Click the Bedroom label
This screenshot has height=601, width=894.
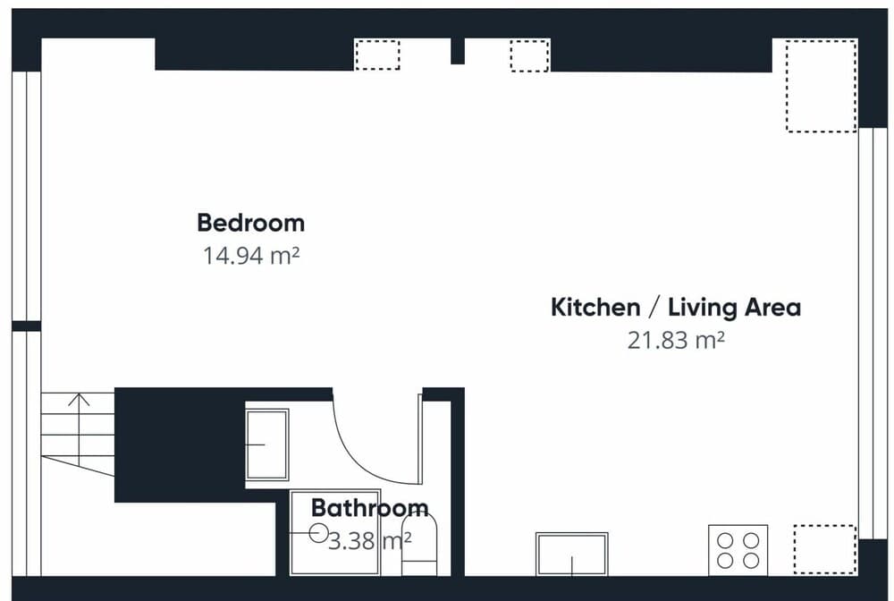tap(251, 223)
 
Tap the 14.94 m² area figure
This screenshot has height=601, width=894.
tap(251, 256)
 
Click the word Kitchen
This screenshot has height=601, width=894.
tap(595, 308)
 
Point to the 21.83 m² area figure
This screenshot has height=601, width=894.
tap(676, 341)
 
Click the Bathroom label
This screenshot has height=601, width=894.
tap(369, 507)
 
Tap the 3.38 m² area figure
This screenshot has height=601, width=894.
tap(369, 540)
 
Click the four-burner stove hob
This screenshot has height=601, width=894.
tap(738, 550)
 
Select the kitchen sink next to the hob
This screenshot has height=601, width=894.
tap(572, 554)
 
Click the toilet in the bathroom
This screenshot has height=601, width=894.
tap(419, 545)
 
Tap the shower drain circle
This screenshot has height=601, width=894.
tap(318, 533)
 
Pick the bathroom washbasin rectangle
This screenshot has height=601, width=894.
tap(266, 444)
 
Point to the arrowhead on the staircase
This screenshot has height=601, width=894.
tap(79, 399)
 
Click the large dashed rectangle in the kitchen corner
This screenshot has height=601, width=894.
tap(821, 86)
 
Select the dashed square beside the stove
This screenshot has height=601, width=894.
tap(824, 549)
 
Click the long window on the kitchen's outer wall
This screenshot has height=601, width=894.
tap(873, 334)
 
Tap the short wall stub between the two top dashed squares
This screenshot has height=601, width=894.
tap(457, 51)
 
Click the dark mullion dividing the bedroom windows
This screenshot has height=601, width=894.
tap(26, 326)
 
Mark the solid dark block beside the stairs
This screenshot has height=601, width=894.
tap(180, 444)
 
